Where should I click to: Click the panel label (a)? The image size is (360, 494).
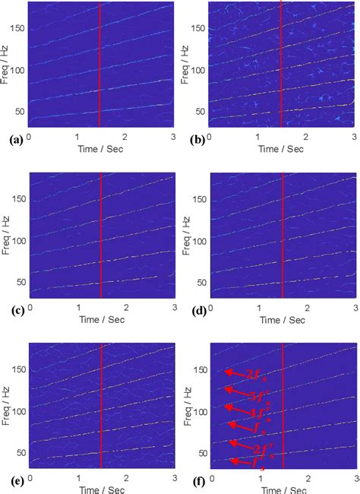pyautogui.click(x=13, y=140)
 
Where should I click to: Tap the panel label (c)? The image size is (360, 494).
pyautogui.click(x=13, y=310)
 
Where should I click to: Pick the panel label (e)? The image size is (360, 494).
pyautogui.click(x=13, y=480)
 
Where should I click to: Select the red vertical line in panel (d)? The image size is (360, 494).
pyautogui.click(x=283, y=236)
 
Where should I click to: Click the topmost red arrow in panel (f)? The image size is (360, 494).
pyautogui.click(x=232, y=373)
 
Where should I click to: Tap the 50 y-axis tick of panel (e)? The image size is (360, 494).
pyautogui.click(x=18, y=453)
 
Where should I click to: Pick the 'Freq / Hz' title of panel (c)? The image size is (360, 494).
pyautogui.click(x=5, y=236)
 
